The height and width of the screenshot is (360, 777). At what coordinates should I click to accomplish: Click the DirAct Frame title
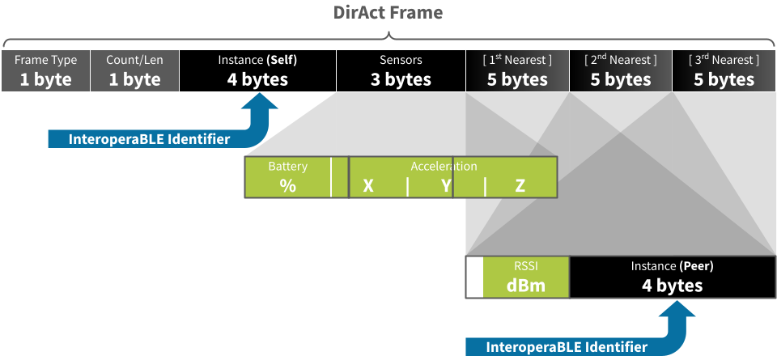tap(388, 13)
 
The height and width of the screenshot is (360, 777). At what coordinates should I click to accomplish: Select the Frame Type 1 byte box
tap(45, 70)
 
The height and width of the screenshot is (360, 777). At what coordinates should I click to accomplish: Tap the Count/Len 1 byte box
tap(134, 70)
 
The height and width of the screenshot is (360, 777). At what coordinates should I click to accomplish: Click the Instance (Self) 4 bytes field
tap(257, 70)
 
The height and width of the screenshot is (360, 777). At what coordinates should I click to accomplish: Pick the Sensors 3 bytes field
tap(401, 70)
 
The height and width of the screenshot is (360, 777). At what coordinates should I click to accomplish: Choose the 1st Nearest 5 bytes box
tap(517, 70)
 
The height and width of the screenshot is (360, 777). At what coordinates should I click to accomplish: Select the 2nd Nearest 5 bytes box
tap(621, 70)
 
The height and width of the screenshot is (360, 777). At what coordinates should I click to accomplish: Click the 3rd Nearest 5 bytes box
tap(724, 70)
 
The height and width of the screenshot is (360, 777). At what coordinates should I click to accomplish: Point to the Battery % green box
tap(287, 178)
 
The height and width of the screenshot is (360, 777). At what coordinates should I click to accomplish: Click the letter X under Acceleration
tap(368, 186)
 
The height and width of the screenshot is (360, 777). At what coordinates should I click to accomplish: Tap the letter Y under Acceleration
tap(446, 186)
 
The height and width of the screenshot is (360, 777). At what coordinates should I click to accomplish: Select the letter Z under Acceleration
tap(520, 186)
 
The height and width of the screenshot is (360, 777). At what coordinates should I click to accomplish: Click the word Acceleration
tap(444, 166)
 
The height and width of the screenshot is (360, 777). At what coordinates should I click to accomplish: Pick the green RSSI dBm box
tap(526, 277)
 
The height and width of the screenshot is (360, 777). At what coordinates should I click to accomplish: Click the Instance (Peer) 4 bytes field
tap(672, 277)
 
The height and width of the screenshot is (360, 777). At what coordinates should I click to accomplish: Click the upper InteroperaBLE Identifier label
tap(149, 139)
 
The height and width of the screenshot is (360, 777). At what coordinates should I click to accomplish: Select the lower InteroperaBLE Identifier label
tap(567, 347)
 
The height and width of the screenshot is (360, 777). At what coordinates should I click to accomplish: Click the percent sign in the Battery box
tap(287, 185)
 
